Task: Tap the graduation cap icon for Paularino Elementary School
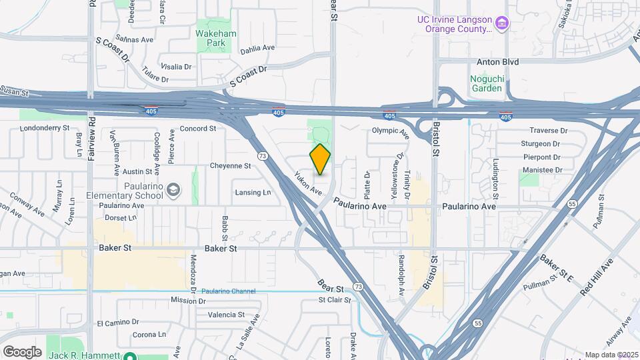pos(173,191)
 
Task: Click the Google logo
pos(22,351)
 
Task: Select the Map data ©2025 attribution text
pos(611,355)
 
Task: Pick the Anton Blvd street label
pos(497,61)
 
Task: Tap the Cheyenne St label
pos(230,165)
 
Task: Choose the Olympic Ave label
pos(391,131)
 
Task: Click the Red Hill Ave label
pos(596,279)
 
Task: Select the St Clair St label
pos(335,300)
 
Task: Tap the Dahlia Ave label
pos(257,48)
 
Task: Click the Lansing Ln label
pos(253,193)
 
